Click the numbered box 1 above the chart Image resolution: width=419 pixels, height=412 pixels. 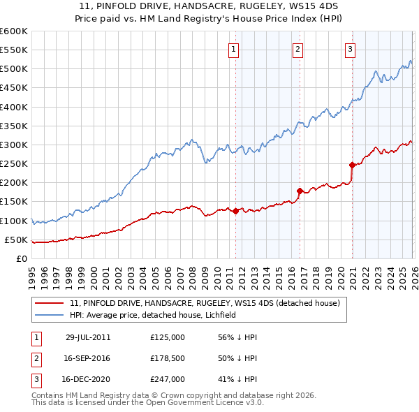tap(233, 49)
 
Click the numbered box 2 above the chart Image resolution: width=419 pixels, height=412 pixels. tap(298, 49)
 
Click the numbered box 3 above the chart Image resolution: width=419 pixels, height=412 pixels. tap(350, 49)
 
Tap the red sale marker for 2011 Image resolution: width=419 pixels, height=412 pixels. tap(235, 211)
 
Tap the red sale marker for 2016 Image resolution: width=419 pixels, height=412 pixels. tap(300, 191)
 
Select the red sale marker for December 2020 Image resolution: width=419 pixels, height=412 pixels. tap(352, 165)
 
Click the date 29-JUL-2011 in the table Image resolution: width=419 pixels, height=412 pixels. tap(87, 337)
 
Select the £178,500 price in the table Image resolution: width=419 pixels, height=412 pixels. tap(168, 358)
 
